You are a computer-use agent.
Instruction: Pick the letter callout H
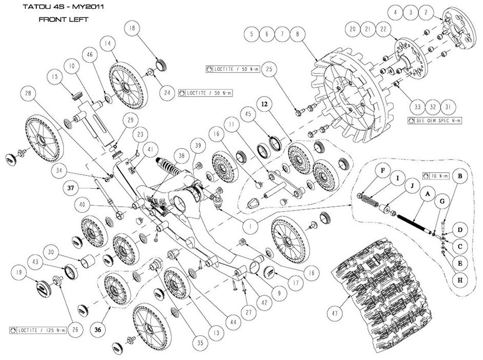(460, 280)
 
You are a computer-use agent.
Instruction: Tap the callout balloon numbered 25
(272, 69)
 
